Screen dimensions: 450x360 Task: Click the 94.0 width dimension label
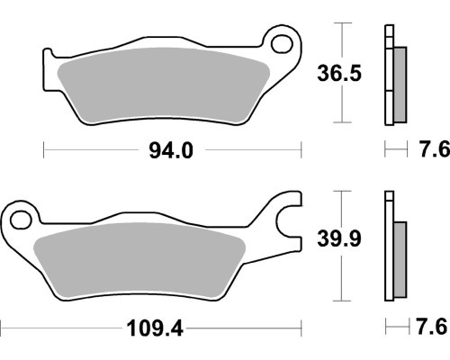171,150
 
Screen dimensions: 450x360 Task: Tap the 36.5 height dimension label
339,73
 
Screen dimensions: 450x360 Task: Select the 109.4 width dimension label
155,328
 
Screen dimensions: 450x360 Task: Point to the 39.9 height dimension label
339,239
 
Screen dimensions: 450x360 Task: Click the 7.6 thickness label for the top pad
435,148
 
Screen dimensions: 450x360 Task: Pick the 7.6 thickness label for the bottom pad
432,327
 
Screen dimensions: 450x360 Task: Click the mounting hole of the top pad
282,44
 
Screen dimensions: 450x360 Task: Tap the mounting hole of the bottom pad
21,220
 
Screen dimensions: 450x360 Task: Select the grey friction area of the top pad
164,85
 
